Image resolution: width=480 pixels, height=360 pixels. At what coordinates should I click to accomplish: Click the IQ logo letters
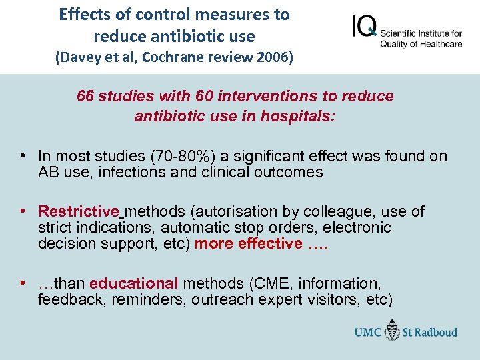364,27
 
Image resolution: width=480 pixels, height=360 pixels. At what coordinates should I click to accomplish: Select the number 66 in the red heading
85,96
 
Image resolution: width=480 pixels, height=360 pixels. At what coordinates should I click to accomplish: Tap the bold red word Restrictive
79,211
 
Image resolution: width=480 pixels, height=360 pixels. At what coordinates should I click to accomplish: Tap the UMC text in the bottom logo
368,331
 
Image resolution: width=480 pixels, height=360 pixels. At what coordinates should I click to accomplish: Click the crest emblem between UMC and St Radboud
393,331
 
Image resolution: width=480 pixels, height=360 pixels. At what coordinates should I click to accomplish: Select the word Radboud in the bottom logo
437,331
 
